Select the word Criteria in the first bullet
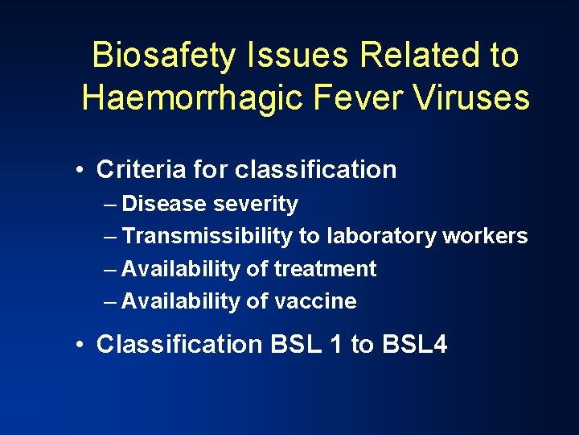point(141,170)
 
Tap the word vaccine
point(315,301)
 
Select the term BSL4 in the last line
point(415,345)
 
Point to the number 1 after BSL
point(335,345)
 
